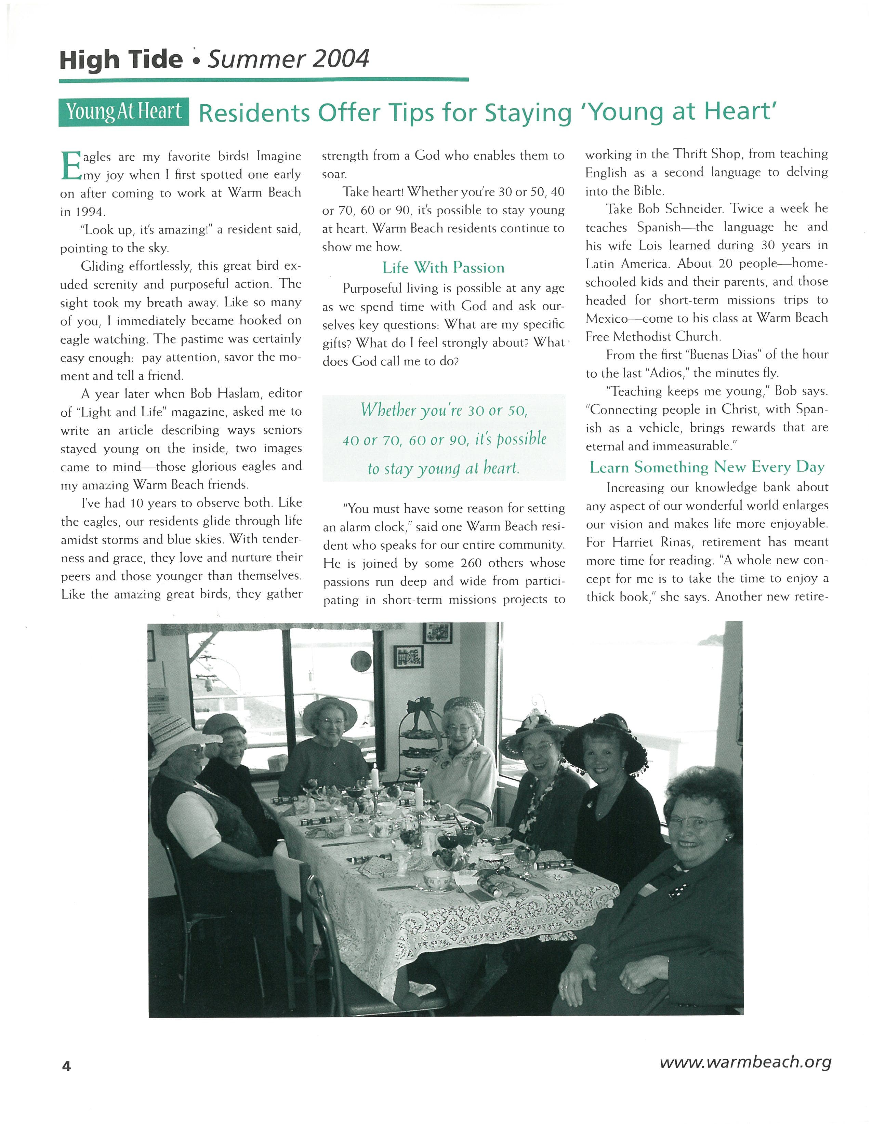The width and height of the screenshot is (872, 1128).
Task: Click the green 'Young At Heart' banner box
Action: tap(123, 111)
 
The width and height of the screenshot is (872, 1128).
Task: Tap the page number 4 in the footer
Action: tap(66, 1066)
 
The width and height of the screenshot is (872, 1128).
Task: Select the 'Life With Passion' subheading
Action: tap(443, 268)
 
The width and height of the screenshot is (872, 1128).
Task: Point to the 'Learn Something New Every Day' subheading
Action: tap(707, 467)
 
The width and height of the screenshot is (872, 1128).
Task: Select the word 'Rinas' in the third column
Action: tap(672, 542)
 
